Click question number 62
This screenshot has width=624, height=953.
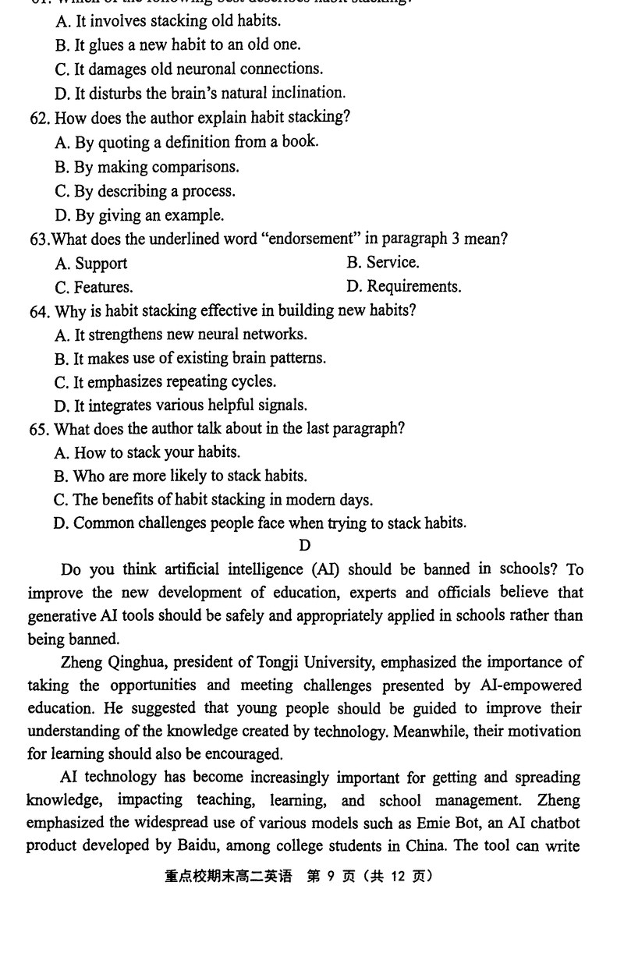tap(41, 118)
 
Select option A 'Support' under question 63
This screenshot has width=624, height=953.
tap(91, 264)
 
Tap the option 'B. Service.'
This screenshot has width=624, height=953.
tap(383, 263)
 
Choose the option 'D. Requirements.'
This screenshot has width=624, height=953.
tap(403, 287)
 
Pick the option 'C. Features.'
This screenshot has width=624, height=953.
tap(94, 287)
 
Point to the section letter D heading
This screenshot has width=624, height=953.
tap(304, 546)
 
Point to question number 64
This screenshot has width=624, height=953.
tap(40, 311)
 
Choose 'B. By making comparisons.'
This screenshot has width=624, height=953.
tap(147, 167)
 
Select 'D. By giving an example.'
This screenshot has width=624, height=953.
tap(140, 215)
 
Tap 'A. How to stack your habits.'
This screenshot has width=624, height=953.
tap(147, 452)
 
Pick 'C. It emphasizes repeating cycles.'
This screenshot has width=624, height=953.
tap(165, 382)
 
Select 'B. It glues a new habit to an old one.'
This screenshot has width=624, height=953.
tap(178, 45)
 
